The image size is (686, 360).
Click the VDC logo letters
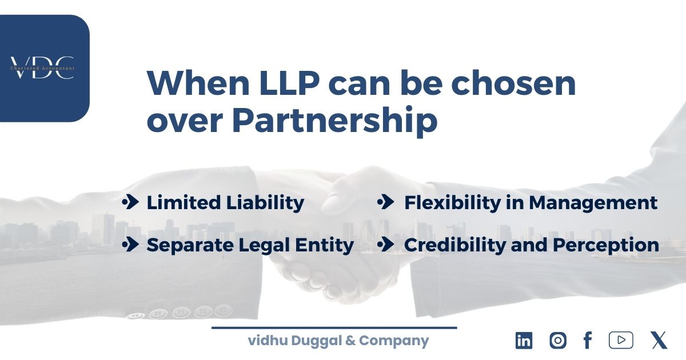coord(42,67)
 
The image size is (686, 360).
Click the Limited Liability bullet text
coord(225,202)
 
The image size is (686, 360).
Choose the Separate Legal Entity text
coord(250,245)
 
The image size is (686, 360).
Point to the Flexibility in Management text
coord(531,202)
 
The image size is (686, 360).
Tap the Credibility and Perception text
coord(531,245)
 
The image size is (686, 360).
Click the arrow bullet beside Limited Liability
coord(130,202)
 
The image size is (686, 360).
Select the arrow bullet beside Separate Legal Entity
coord(130,245)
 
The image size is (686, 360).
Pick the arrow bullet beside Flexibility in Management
coord(386,202)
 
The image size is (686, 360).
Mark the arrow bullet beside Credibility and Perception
coord(386,245)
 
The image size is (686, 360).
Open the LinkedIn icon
coord(524,341)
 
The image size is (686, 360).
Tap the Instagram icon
coord(557,341)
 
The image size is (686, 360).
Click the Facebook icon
coord(587,341)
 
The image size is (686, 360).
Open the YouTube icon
coord(621,341)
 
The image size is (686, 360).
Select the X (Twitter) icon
coord(659,341)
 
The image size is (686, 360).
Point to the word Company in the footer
coord(394,341)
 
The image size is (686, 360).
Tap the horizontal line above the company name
coord(334,328)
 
